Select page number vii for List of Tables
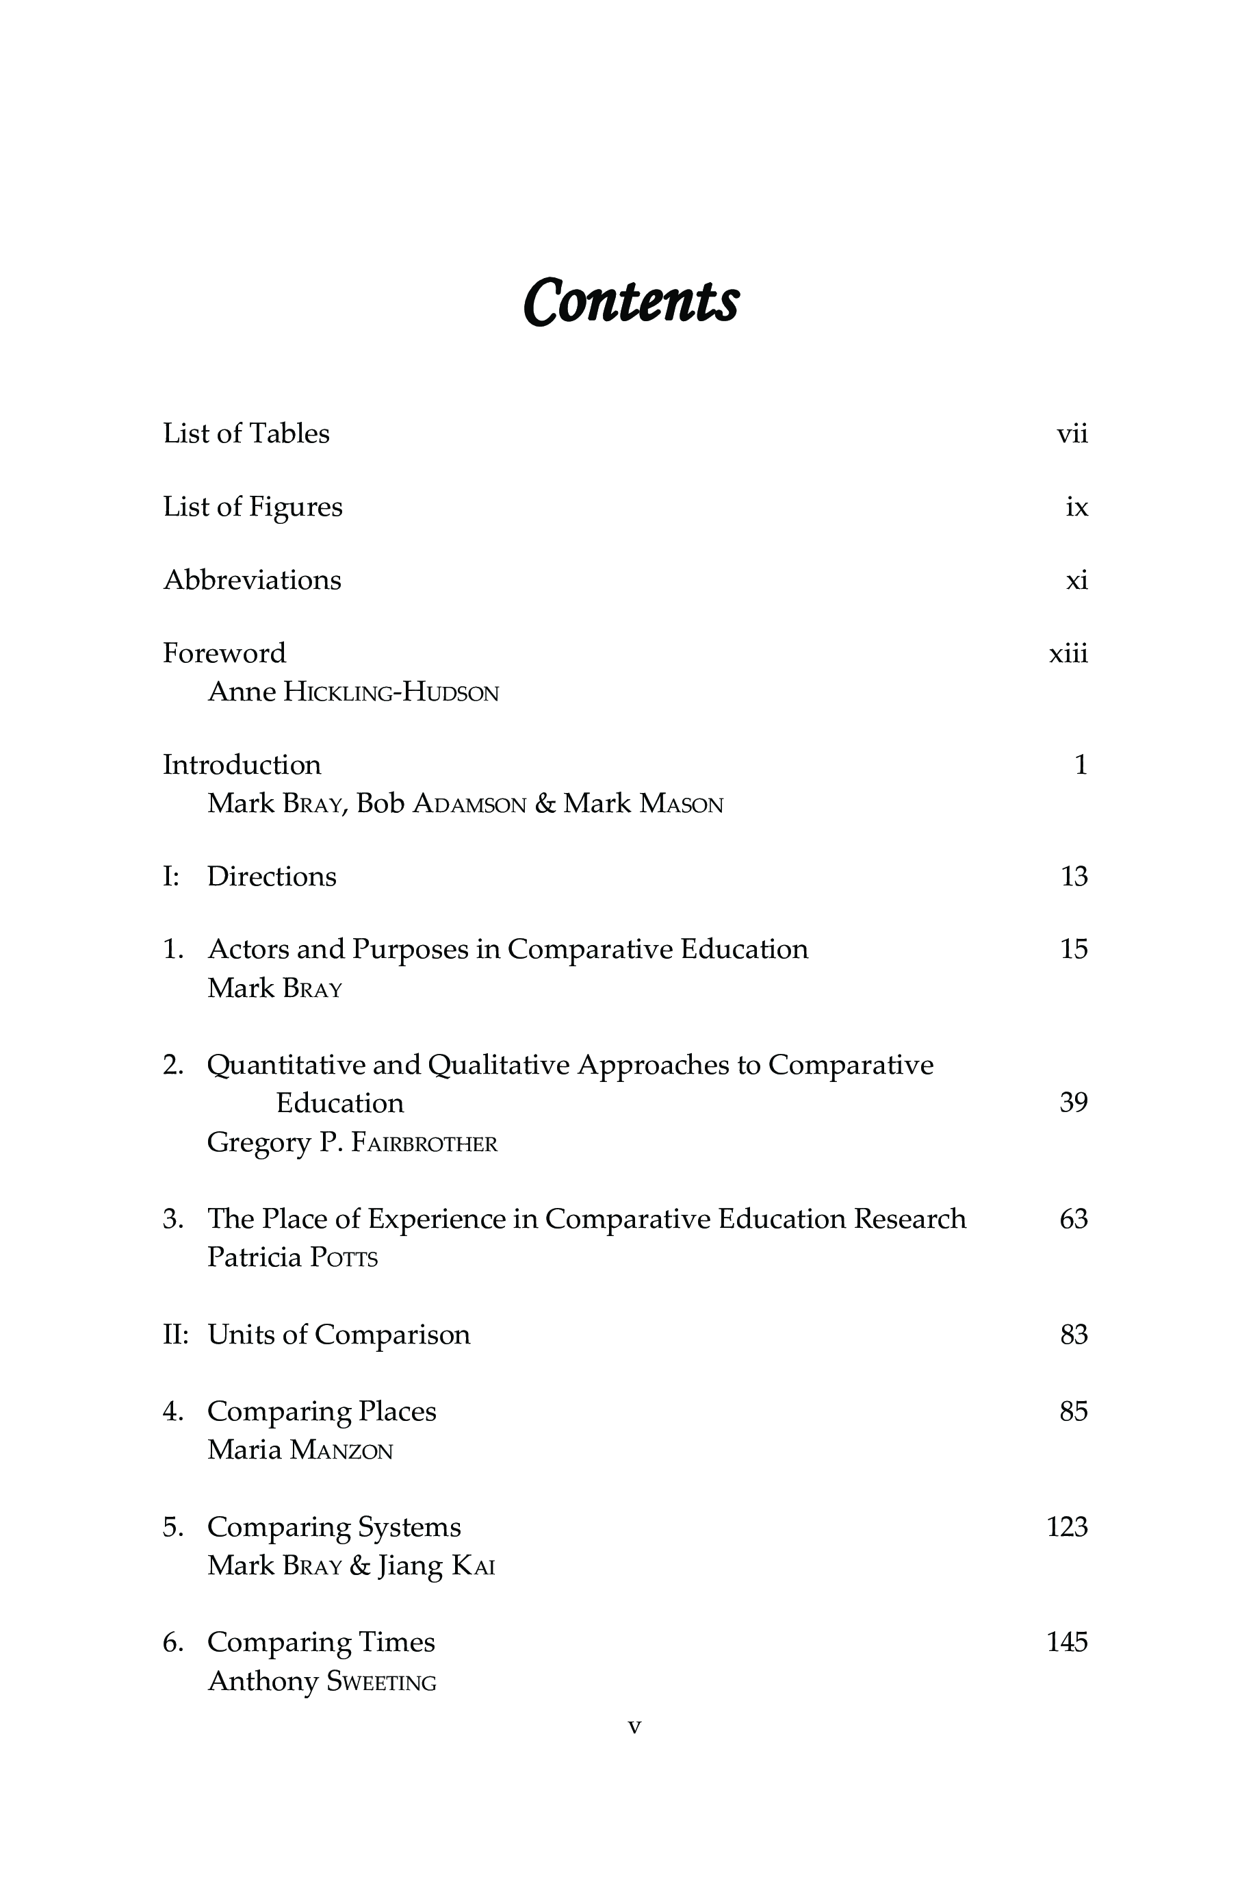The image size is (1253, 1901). (x=1072, y=434)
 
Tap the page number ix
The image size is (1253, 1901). (x=1076, y=507)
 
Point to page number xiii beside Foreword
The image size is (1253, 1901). (x=1068, y=654)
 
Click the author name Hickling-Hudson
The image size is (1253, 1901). (x=391, y=692)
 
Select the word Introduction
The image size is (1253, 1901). (x=242, y=765)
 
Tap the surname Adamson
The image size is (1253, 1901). (x=469, y=804)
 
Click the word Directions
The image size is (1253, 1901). (x=272, y=877)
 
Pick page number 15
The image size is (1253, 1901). (x=1073, y=950)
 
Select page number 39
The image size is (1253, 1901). (x=1073, y=1103)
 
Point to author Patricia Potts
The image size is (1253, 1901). (x=292, y=1258)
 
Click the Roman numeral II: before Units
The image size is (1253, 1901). (x=175, y=1335)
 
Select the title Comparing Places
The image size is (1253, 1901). (x=321, y=1412)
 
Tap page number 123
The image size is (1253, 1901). (x=1067, y=1527)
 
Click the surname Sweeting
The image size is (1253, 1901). (x=381, y=1681)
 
